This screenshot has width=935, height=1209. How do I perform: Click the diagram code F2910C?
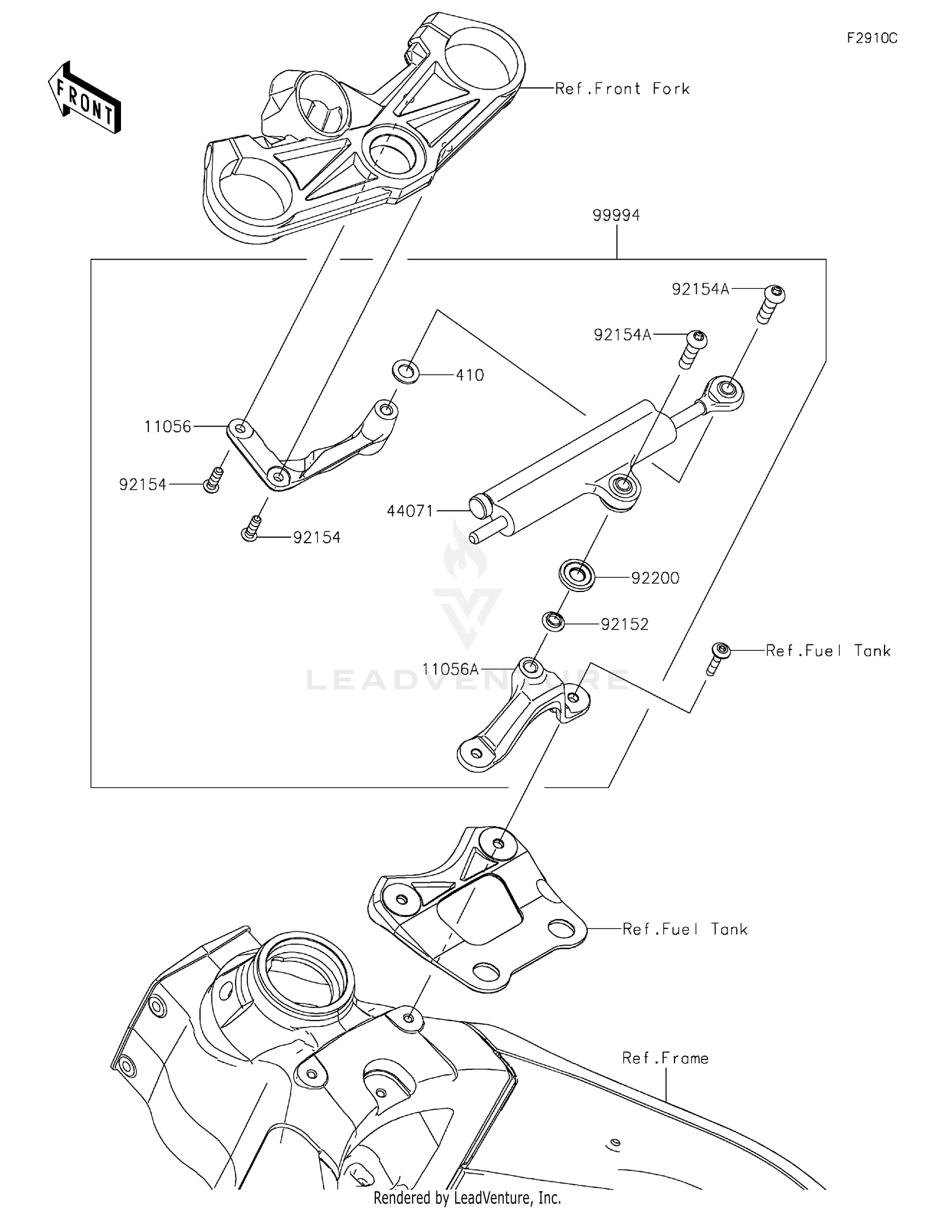871,39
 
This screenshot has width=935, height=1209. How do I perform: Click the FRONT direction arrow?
84,99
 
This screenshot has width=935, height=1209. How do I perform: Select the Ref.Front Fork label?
622,89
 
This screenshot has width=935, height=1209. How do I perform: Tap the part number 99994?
616,215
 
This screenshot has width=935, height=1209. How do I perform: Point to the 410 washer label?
469,376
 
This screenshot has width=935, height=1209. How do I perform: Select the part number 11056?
168,427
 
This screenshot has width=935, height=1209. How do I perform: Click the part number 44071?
410,511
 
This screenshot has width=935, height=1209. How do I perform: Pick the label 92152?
625,624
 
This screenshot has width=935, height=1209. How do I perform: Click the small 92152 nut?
553,621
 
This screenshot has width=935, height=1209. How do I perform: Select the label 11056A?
450,669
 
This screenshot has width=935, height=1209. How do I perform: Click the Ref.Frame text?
665,1059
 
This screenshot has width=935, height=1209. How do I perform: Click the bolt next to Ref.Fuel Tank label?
720,653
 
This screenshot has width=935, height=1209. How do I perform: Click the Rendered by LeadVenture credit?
467,1197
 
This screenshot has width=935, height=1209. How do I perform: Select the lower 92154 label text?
317,538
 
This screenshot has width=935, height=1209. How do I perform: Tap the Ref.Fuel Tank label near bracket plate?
684,930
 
